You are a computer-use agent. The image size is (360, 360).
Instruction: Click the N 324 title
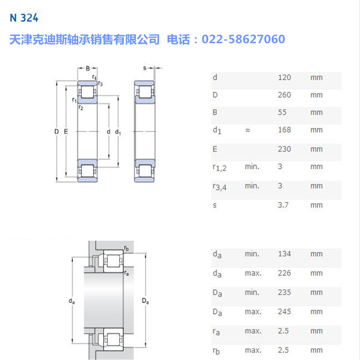coord(24,18)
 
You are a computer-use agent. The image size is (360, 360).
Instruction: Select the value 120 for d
coord(284,77)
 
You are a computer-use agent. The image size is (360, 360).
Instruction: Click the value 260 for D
coord(284,95)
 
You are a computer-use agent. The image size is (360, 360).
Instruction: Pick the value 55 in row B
coord(282,112)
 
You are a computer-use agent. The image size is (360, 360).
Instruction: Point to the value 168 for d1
coord(284,130)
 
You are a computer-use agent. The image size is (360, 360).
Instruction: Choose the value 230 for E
coord(284,149)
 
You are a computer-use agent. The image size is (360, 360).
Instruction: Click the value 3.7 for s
coord(283,205)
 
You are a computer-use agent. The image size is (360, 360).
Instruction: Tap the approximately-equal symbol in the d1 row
coord(247,130)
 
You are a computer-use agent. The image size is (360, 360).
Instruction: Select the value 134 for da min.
coord(284,254)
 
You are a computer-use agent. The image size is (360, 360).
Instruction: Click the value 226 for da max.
coord(284,273)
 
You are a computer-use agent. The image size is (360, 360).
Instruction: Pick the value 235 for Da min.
coord(284,292)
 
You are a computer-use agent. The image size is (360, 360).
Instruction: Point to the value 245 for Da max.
coord(284,311)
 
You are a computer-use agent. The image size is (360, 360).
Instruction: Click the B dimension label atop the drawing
coord(88,68)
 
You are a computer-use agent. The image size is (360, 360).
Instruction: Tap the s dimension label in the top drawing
coord(145,68)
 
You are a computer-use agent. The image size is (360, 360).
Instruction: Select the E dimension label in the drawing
coord(66,132)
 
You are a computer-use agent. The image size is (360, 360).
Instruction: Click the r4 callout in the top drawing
coord(94,77)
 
